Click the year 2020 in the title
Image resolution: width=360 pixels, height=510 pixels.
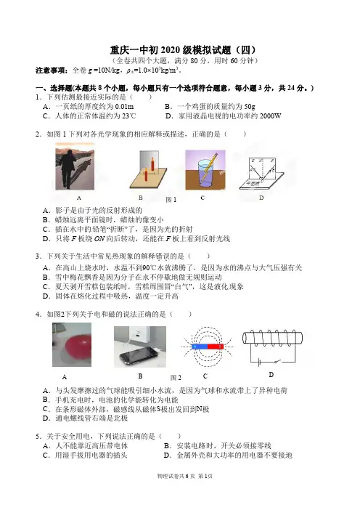(x=171, y=50)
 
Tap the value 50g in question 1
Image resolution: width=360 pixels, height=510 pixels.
(x=250, y=106)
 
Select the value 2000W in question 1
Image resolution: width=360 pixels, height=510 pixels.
(x=271, y=116)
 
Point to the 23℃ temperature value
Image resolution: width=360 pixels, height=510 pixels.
(x=129, y=116)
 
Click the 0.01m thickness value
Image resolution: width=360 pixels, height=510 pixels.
(x=124, y=106)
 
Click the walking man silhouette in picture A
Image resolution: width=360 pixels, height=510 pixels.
(x=67, y=169)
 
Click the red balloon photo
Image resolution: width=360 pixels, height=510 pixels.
(x=72, y=344)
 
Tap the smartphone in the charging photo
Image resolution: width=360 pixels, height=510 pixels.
(x=138, y=356)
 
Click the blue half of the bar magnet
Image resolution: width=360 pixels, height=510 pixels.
(x=200, y=347)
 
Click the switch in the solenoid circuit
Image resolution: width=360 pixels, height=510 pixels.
(x=277, y=361)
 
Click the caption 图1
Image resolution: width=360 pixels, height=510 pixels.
(x=171, y=200)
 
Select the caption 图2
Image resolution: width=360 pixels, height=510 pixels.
(x=176, y=378)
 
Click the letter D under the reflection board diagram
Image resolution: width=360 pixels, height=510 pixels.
(x=261, y=198)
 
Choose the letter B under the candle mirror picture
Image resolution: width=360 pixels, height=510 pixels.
(x=141, y=198)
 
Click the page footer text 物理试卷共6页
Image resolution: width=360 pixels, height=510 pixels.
(x=176, y=476)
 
